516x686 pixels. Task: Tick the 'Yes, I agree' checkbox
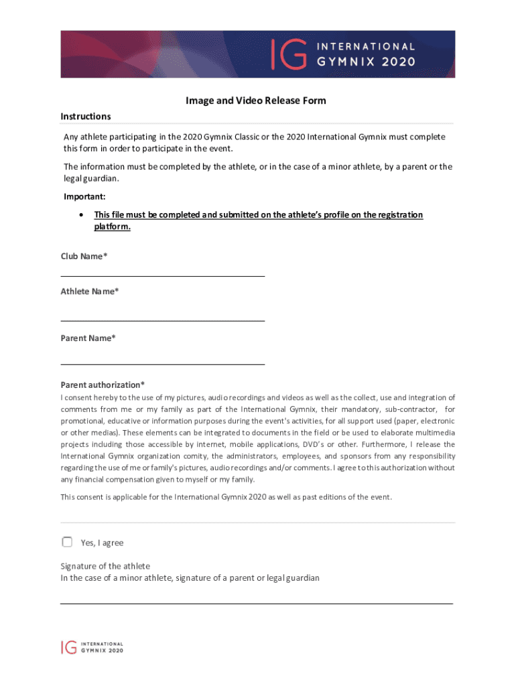tap(67, 542)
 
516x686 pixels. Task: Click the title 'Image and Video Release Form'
tap(256, 101)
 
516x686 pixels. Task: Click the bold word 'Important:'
tap(84, 197)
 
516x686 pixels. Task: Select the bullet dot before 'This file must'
tap(81, 215)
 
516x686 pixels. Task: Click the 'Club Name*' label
tap(84, 257)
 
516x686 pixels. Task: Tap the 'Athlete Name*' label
tap(90, 291)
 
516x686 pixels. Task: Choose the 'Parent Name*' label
tap(88, 338)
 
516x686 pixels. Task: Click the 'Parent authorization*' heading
tap(103, 385)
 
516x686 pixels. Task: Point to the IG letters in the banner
tap(289, 54)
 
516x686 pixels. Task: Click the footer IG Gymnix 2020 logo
tap(92, 646)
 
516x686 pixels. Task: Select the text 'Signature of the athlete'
tap(105, 566)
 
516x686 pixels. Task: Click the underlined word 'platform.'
tap(112, 227)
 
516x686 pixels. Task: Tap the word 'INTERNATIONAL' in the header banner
tap(366, 46)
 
